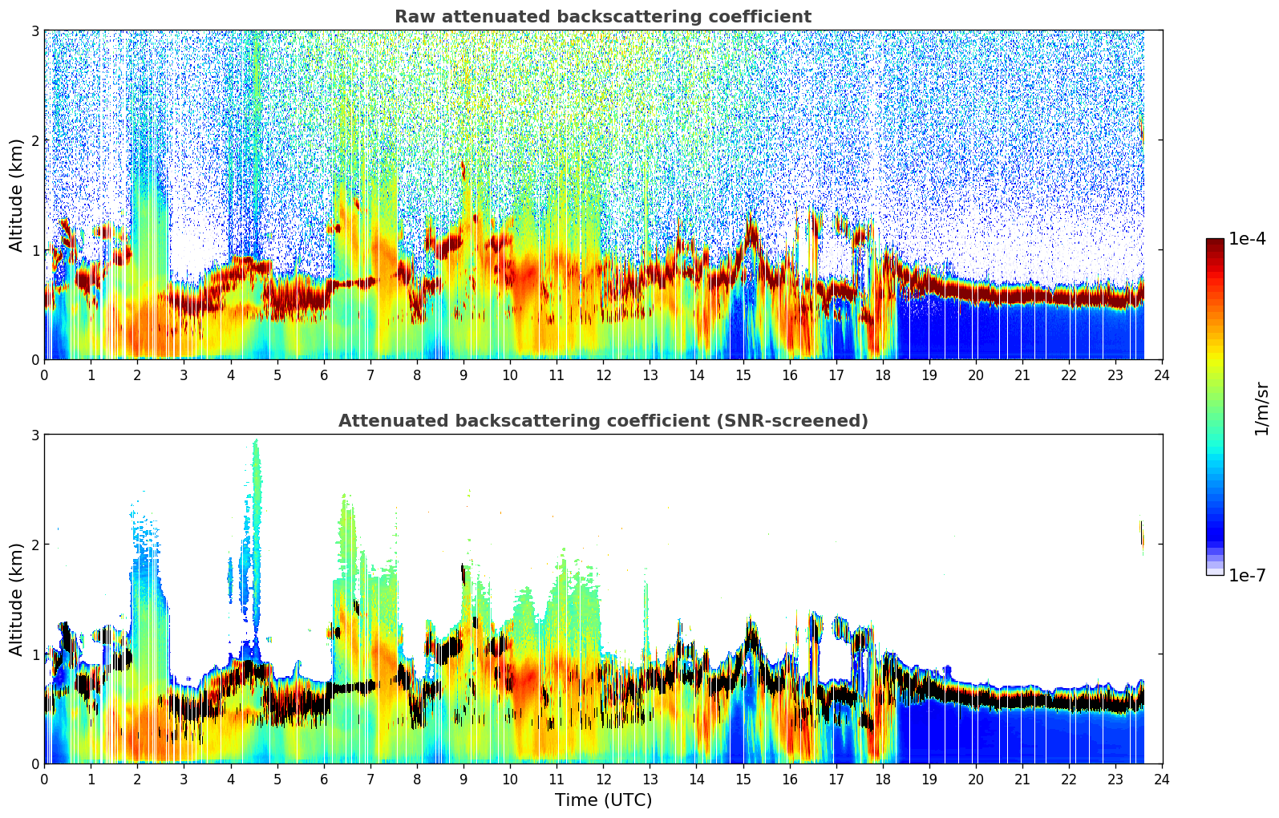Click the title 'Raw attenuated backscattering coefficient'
(x=602, y=17)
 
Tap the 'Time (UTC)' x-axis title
(x=603, y=800)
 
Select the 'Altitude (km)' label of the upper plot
(x=17, y=195)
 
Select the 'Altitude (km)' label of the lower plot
(x=17, y=599)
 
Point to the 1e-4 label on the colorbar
(x=1247, y=239)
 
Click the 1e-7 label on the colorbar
(x=1247, y=575)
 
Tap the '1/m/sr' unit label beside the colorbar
(x=1261, y=407)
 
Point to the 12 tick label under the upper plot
(x=603, y=375)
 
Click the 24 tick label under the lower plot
(x=1162, y=779)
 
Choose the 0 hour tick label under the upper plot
(x=44, y=375)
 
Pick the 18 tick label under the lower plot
(x=882, y=779)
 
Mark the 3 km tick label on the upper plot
(x=34, y=30)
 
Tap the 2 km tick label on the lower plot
(x=34, y=545)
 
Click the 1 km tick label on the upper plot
(x=34, y=250)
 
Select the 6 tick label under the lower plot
(x=324, y=779)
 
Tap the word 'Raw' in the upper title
(x=412, y=17)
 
